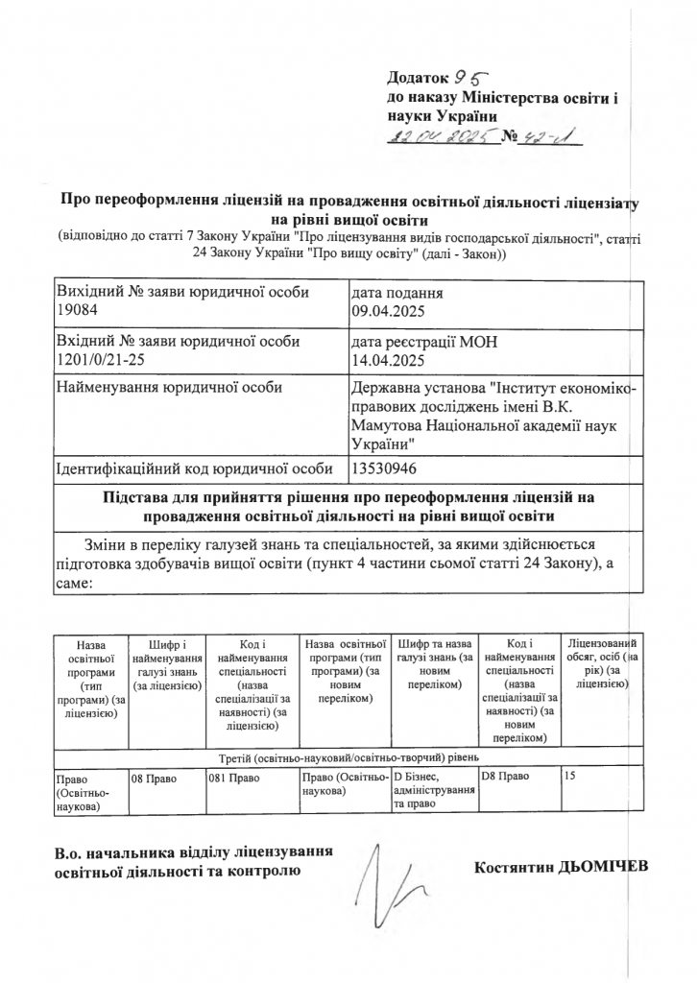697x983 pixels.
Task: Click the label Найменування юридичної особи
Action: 172,388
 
